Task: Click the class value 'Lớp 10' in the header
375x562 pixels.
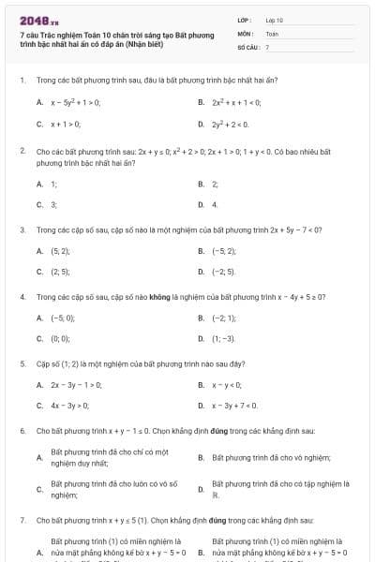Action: coord(274,20)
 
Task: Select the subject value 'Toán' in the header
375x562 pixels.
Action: coord(272,33)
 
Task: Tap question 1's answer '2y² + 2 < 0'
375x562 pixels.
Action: coord(230,123)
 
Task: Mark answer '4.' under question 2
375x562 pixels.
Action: coord(215,203)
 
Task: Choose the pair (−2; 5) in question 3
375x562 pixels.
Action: coord(223,272)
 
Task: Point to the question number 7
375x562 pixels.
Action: coord(22,518)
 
